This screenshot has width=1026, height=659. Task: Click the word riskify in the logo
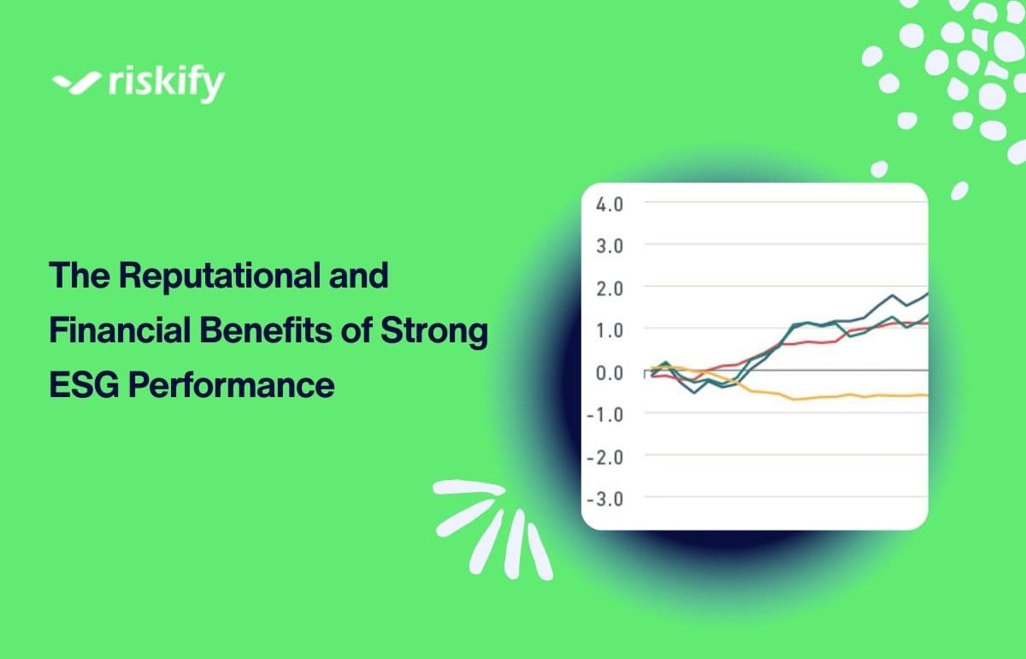166,84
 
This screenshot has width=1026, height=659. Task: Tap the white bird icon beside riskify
76,83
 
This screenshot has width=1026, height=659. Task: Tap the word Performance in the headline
231,384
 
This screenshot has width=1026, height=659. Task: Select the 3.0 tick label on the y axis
609,246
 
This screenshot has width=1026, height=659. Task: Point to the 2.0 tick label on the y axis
609,288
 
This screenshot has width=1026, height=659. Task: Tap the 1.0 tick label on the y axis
609,329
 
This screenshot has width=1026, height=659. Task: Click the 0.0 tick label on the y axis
609,371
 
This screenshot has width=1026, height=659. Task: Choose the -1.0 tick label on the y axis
604,413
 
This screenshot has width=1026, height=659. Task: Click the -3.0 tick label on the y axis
604,497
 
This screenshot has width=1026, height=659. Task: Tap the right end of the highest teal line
925,294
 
